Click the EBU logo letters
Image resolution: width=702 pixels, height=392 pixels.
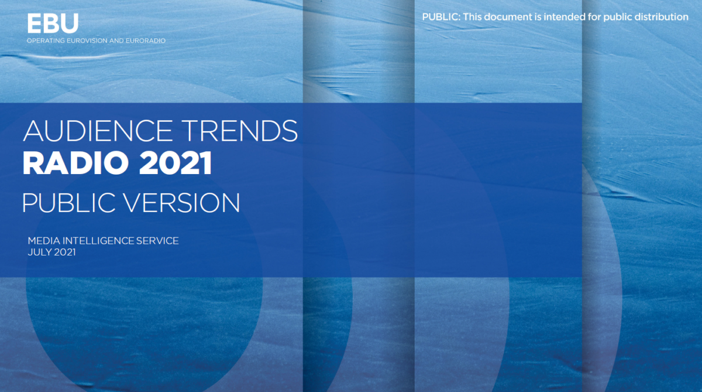(x=53, y=23)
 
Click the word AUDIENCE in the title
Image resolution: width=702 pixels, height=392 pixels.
(x=98, y=131)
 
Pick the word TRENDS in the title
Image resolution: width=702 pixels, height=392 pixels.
(x=240, y=131)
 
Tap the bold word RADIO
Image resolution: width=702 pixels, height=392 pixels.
(x=75, y=163)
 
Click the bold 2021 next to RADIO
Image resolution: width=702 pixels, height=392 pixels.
(x=175, y=163)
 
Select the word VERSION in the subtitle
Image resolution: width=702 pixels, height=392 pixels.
(x=183, y=203)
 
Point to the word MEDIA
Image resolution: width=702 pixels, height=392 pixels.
(x=44, y=241)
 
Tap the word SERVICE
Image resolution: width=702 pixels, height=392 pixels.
(x=157, y=241)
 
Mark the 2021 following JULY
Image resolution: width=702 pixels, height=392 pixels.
(x=64, y=253)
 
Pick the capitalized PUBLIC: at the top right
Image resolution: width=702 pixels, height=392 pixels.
(x=441, y=17)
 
